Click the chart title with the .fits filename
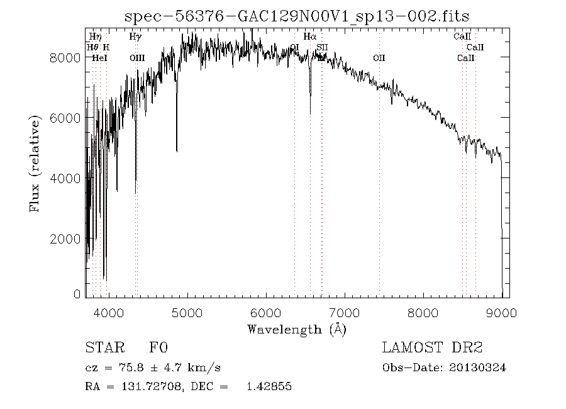[x=297, y=16]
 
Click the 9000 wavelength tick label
[x=501, y=313]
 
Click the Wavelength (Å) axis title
[x=297, y=329]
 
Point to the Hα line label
[x=309, y=36]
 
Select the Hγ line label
[x=135, y=36]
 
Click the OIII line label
[x=136, y=58]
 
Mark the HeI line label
[x=99, y=58]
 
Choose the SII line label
[x=322, y=47]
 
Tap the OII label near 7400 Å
[x=379, y=58]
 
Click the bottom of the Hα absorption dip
[x=310, y=113]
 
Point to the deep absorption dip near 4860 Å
[x=176, y=150]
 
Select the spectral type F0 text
[x=158, y=347]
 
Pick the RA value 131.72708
[x=143, y=387]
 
